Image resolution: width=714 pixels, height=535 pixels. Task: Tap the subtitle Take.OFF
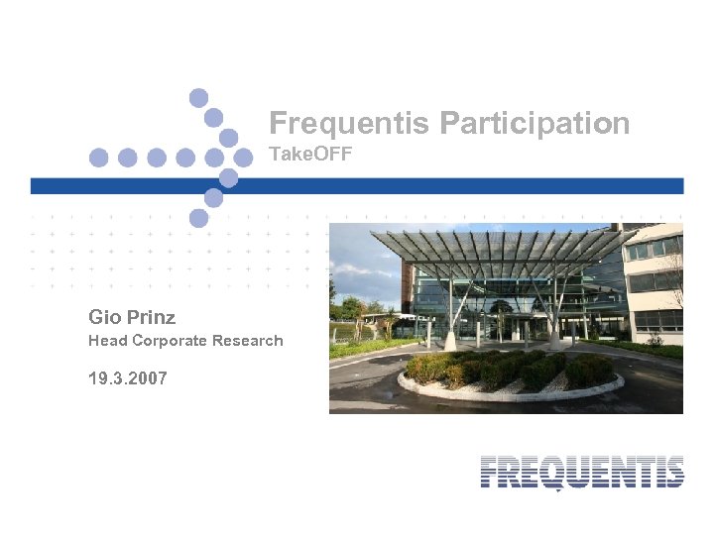coord(310,155)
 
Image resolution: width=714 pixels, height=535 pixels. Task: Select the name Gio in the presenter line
coord(103,318)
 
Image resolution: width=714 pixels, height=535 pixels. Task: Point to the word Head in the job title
coord(105,341)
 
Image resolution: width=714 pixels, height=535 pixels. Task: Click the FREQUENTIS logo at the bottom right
coord(582,472)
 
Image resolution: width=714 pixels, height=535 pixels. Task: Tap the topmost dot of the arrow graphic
coord(198,97)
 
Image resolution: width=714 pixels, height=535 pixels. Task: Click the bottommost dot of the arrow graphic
coord(198,218)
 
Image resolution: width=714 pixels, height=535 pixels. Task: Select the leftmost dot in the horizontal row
coord(98,158)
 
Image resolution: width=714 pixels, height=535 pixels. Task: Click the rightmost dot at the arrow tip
coord(243,158)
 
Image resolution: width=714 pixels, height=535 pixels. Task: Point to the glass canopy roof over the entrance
coord(496,248)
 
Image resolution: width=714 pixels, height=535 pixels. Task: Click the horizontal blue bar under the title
coord(357,185)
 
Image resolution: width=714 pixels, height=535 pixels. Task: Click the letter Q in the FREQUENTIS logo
coord(560,472)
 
